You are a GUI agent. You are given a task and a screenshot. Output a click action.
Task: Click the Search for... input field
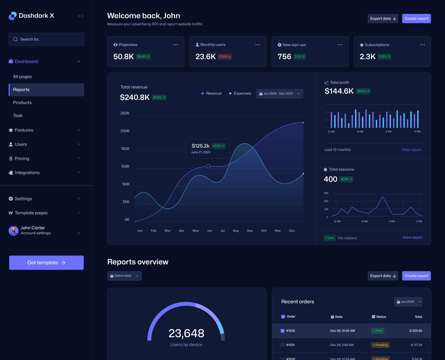[x=46, y=39]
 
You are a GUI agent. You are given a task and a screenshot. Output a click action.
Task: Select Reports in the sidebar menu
[x=46, y=90]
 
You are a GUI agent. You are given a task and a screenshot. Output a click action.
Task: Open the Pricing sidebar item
[x=22, y=158]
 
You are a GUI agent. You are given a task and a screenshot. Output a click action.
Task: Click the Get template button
[x=46, y=263]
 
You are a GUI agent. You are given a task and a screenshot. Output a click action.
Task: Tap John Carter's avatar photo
[x=14, y=231]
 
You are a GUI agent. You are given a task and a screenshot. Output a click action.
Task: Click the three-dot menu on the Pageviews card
[x=176, y=45]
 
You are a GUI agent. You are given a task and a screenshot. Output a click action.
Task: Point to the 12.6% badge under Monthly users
[x=224, y=57]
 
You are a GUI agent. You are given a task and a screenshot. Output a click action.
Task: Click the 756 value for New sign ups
[x=284, y=57]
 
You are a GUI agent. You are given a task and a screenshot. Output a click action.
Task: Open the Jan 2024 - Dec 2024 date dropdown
[x=280, y=94]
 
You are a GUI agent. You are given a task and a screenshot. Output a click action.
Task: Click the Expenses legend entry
[x=240, y=93]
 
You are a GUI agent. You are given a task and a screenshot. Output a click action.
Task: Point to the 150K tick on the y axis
[x=125, y=149]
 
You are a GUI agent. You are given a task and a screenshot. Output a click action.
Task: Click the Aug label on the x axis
[x=236, y=231]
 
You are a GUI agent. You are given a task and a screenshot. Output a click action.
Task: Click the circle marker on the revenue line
[x=208, y=166]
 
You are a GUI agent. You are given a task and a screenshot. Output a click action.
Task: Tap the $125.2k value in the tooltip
[x=200, y=146]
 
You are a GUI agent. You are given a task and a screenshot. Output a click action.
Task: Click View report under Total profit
[x=412, y=150]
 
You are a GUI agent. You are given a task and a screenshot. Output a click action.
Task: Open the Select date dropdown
[x=124, y=276]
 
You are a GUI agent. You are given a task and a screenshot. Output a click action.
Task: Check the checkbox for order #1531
[x=282, y=345]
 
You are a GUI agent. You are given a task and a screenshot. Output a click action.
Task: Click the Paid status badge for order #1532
[x=377, y=331]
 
